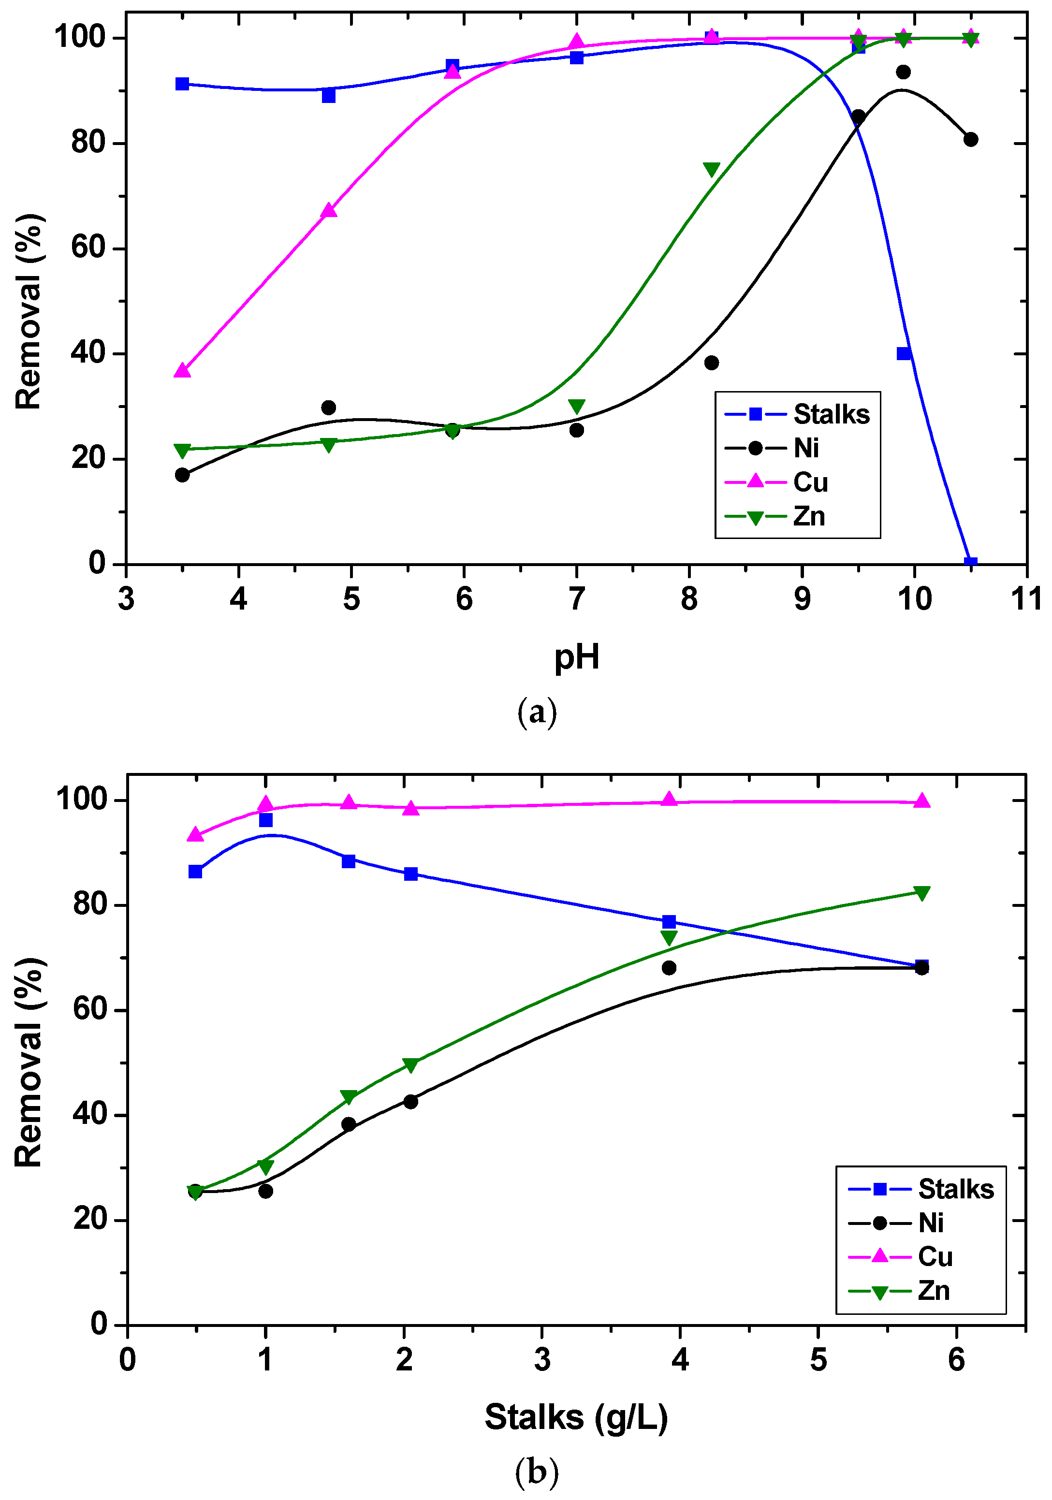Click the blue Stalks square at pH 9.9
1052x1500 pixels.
coord(904,353)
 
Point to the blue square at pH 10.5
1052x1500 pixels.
coord(970,563)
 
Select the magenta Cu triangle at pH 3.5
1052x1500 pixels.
coord(182,370)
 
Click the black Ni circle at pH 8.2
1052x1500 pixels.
coord(712,363)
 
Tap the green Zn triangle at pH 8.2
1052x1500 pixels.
coord(712,170)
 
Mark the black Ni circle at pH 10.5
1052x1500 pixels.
coord(970,139)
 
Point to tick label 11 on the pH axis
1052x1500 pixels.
coord(1026,599)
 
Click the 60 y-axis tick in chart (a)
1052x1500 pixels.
coord(88,248)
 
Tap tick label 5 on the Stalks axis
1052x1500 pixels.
coord(818,1360)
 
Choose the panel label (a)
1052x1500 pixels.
coord(537,712)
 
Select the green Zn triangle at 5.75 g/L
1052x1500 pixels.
coord(921,893)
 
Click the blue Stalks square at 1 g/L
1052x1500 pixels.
coord(265,820)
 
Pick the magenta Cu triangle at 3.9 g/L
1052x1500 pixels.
coord(669,799)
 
